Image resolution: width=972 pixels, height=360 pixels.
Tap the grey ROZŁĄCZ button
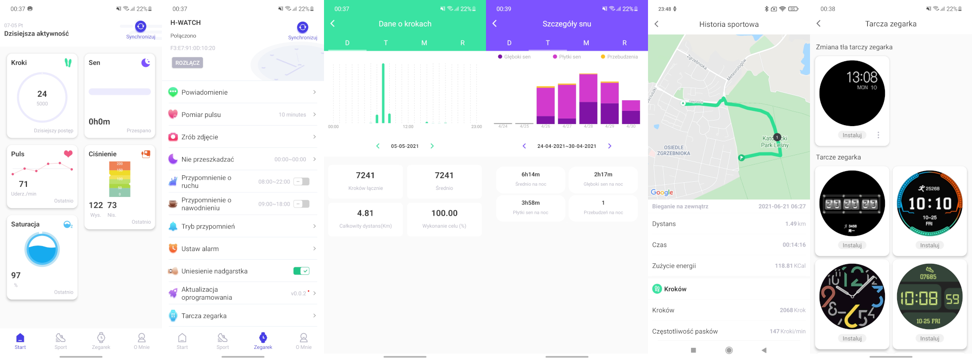188,63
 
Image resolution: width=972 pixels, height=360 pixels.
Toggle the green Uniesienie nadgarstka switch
301,271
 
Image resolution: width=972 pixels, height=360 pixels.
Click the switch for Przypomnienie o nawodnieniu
301,204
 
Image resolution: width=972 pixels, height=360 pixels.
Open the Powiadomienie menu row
243,92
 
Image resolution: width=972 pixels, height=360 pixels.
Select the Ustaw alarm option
243,249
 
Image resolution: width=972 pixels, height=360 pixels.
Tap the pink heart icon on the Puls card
68,154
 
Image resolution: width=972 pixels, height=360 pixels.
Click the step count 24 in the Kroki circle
42,94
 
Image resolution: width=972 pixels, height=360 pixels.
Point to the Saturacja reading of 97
16,275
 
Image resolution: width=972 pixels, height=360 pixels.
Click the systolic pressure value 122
96,205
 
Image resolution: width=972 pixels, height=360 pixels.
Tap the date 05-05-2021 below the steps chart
404,146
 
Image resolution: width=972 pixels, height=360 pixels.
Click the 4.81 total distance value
365,213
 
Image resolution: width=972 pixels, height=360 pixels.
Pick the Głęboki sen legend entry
515,57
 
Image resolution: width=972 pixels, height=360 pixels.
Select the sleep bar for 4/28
588,99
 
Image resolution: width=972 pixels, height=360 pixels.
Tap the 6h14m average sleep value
531,174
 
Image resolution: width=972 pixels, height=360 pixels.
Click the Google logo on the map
662,192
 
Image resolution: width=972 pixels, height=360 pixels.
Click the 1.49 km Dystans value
795,224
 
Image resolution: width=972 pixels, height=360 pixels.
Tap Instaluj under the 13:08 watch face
852,135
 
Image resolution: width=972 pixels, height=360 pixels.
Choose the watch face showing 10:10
929,204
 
